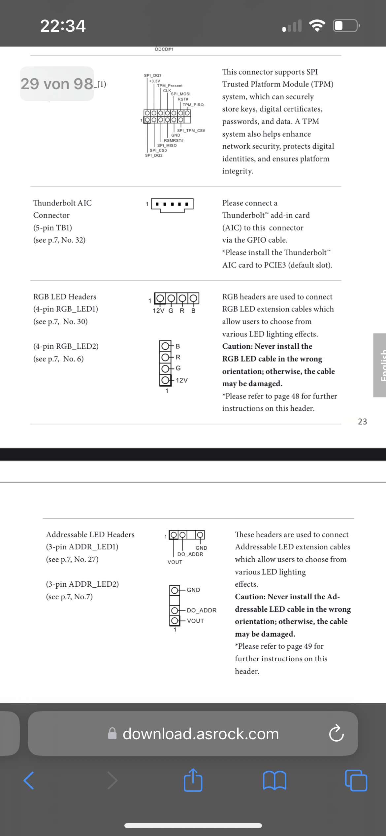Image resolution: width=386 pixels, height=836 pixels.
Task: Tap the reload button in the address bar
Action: point(336,734)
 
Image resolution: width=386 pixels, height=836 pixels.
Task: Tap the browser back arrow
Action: point(29,781)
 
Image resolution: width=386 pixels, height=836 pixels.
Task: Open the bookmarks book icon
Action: point(274,781)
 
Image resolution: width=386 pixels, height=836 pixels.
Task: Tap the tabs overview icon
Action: point(356,781)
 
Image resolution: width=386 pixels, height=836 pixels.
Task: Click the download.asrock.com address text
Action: point(201,734)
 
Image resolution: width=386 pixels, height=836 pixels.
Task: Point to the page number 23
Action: point(362,422)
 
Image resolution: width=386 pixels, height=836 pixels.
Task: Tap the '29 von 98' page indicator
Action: point(57,84)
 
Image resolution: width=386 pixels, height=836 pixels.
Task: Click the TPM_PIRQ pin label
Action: point(193,105)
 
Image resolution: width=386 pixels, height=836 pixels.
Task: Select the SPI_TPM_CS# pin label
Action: point(191,131)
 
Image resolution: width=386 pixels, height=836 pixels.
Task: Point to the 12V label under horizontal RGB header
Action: point(158,311)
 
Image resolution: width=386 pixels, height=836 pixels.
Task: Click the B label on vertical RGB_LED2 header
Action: point(178,346)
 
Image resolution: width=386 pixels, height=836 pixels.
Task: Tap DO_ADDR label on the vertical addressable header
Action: point(202,610)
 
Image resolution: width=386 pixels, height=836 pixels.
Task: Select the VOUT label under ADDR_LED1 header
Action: point(175,562)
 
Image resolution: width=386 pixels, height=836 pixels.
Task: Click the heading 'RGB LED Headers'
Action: point(65,297)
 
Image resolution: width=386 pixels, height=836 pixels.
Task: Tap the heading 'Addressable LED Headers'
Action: point(90,535)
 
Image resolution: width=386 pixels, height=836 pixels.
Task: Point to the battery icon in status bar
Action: point(346,26)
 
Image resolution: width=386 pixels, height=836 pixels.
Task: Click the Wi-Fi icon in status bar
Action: point(317,26)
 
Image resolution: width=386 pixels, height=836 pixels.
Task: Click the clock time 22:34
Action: point(63,26)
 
